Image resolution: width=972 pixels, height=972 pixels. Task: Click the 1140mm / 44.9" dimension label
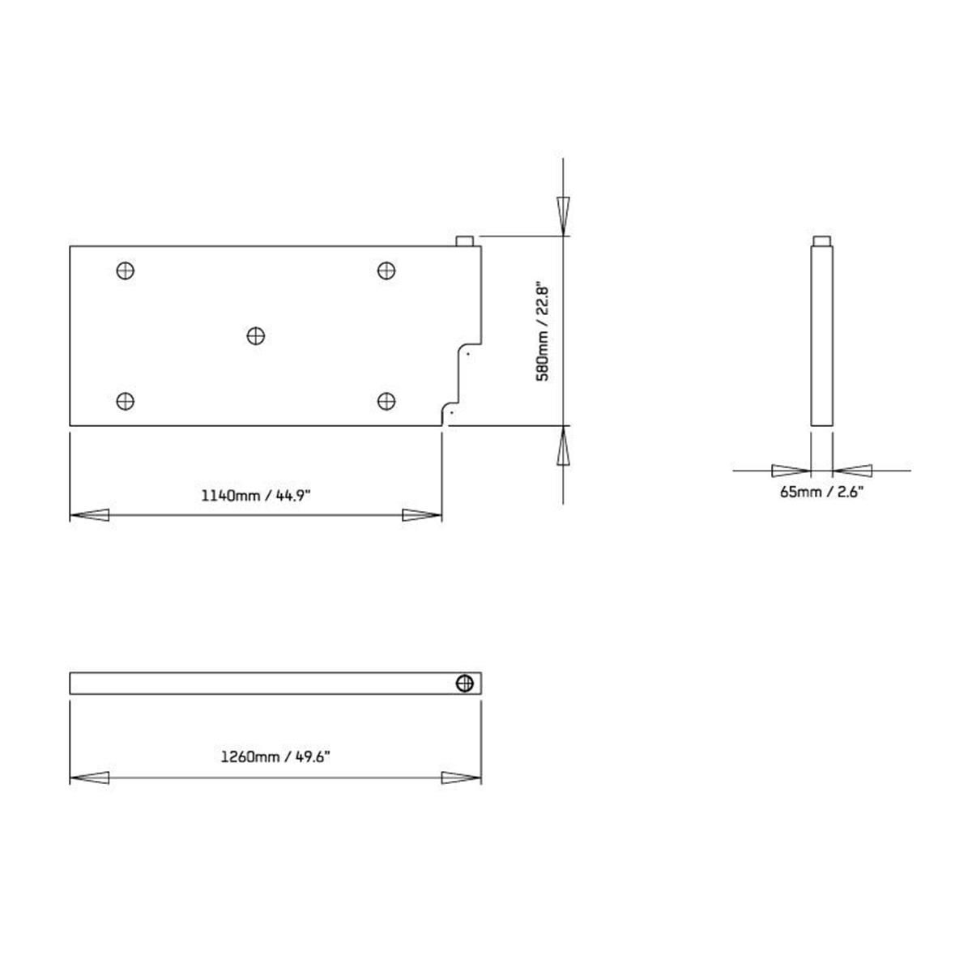(x=255, y=495)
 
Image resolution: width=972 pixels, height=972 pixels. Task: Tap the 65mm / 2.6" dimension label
(x=822, y=492)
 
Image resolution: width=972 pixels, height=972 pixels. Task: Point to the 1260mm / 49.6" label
(x=276, y=757)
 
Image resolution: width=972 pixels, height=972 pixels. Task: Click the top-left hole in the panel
(x=125, y=271)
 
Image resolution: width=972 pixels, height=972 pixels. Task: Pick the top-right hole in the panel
(x=387, y=271)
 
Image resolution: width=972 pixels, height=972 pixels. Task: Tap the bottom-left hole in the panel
(x=125, y=400)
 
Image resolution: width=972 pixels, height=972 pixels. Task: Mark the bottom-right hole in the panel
(x=387, y=400)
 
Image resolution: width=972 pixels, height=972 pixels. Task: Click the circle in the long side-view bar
(x=465, y=683)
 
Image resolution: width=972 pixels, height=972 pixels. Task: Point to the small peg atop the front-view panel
(x=466, y=241)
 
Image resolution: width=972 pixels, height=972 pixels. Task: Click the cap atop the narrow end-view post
(x=821, y=240)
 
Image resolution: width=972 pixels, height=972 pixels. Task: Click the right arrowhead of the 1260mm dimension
(x=461, y=778)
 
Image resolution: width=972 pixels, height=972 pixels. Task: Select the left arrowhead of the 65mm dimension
(x=791, y=470)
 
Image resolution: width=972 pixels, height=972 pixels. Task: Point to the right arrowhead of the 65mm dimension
(x=852, y=470)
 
